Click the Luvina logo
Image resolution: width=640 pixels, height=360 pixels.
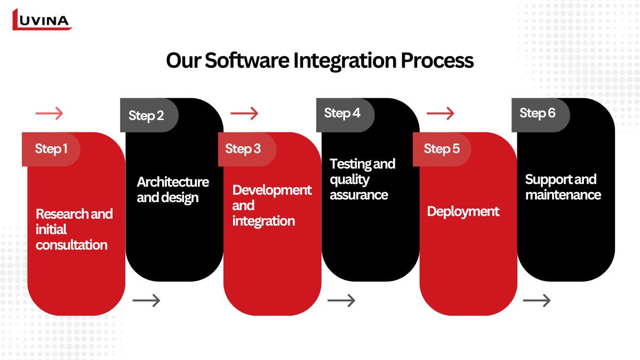42,20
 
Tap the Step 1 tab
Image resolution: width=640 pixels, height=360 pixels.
51,149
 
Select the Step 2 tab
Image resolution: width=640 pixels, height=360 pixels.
146,116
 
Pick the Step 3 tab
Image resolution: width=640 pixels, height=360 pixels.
243,149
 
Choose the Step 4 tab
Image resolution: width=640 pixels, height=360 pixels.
342,113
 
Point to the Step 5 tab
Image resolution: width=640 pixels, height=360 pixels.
442,149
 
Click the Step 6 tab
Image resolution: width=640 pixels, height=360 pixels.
538,113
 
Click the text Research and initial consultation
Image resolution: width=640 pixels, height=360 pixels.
74,229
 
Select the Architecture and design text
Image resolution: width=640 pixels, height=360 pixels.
172,189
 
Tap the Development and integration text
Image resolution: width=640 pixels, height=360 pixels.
271,205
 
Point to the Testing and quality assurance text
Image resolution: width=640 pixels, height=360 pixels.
362,179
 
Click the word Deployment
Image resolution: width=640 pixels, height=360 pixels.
463,211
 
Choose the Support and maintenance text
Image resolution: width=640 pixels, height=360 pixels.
563,187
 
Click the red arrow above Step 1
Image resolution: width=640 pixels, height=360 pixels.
49,113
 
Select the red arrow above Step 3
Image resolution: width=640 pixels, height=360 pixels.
244,113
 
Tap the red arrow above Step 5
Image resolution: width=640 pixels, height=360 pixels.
441,113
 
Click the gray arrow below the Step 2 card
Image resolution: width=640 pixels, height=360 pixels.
146,301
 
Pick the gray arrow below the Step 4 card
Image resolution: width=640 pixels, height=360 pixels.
341,301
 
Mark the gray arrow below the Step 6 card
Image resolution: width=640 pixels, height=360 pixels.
537,301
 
